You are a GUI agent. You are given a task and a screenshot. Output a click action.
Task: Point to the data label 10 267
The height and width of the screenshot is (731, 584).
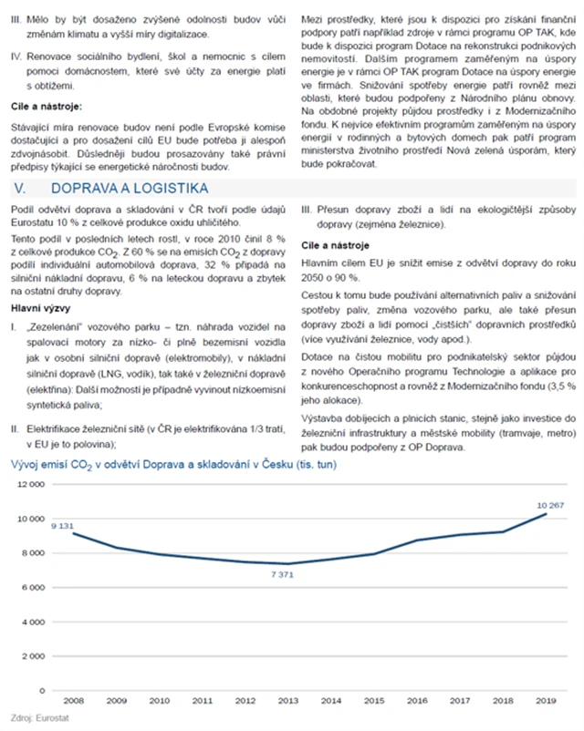pos(551,504)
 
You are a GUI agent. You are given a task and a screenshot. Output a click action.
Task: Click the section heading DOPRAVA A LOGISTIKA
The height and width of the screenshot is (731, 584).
pos(130,189)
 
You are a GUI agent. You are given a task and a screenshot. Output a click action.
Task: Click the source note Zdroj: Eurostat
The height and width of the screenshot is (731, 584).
pos(34,717)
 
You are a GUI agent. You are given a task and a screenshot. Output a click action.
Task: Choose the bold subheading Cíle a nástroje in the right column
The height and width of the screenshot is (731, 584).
pos(335,246)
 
